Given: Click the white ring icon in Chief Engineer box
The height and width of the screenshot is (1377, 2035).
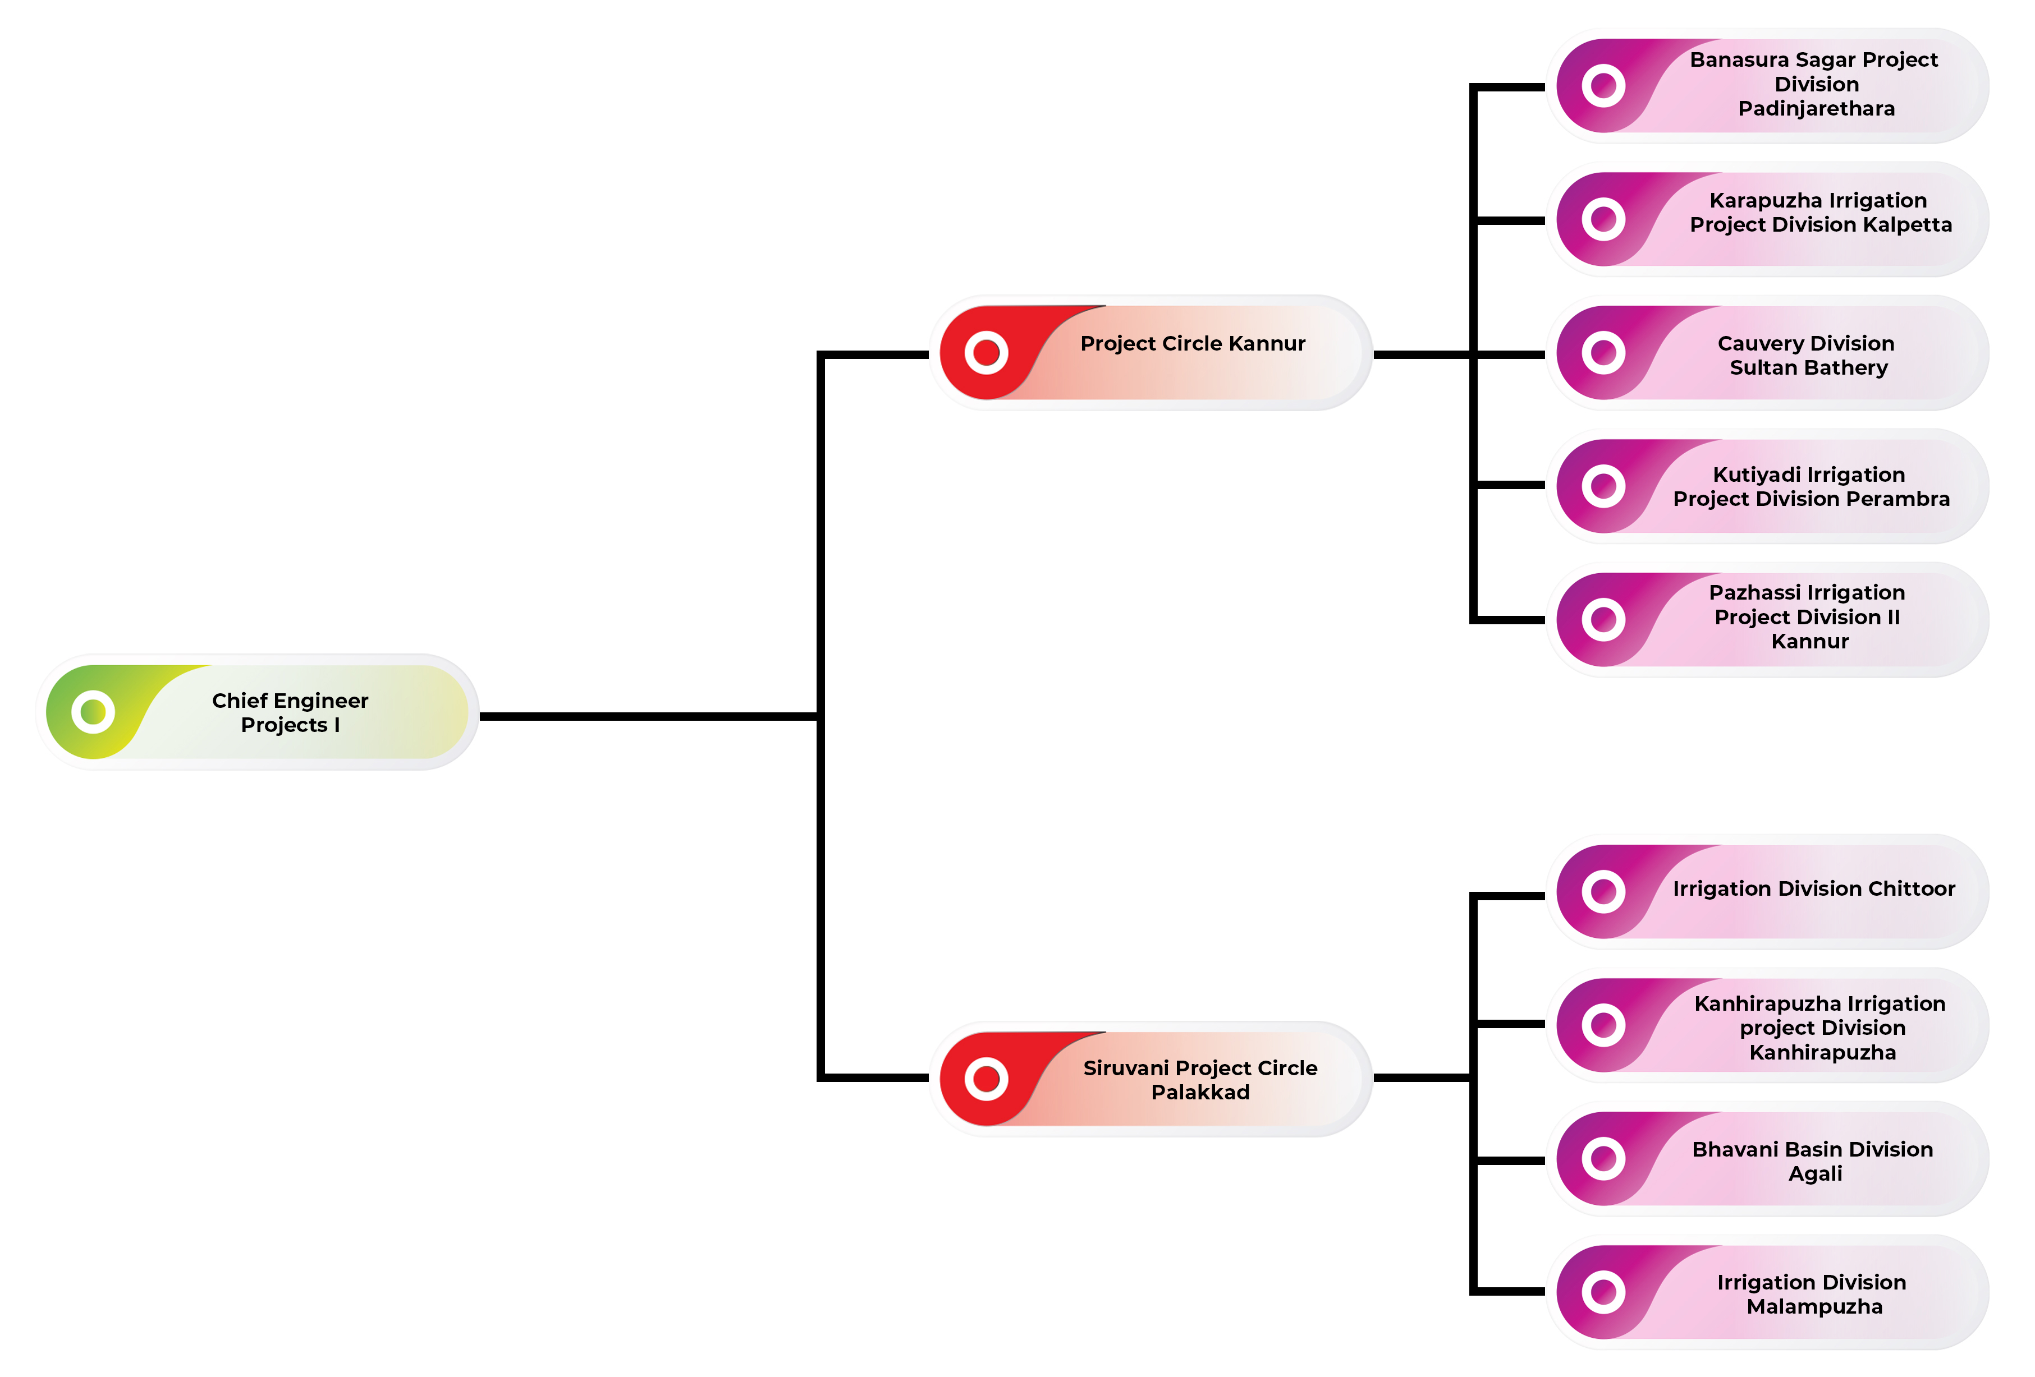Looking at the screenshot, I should coord(93,712).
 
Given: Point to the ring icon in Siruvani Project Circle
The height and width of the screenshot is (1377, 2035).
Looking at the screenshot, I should coord(986,1079).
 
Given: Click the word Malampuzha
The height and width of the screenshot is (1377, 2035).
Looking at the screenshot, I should coord(1814,1306).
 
